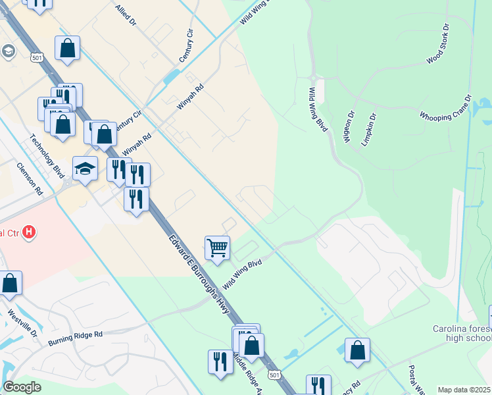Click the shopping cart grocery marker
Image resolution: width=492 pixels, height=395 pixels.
pos(217,248)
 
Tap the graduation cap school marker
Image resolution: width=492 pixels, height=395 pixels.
pos(85,169)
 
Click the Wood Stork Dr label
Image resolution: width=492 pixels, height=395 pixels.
pos(437,45)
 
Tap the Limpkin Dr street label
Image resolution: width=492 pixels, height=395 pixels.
pos(368,130)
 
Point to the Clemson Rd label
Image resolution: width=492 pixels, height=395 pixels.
pos(30,179)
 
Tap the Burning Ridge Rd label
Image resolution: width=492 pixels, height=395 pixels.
pos(76,338)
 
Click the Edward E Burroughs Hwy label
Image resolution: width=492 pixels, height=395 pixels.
pos(192,268)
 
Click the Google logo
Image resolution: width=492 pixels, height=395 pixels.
pos(22,387)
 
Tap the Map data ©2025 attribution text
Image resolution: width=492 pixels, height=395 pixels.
pos(464,390)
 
